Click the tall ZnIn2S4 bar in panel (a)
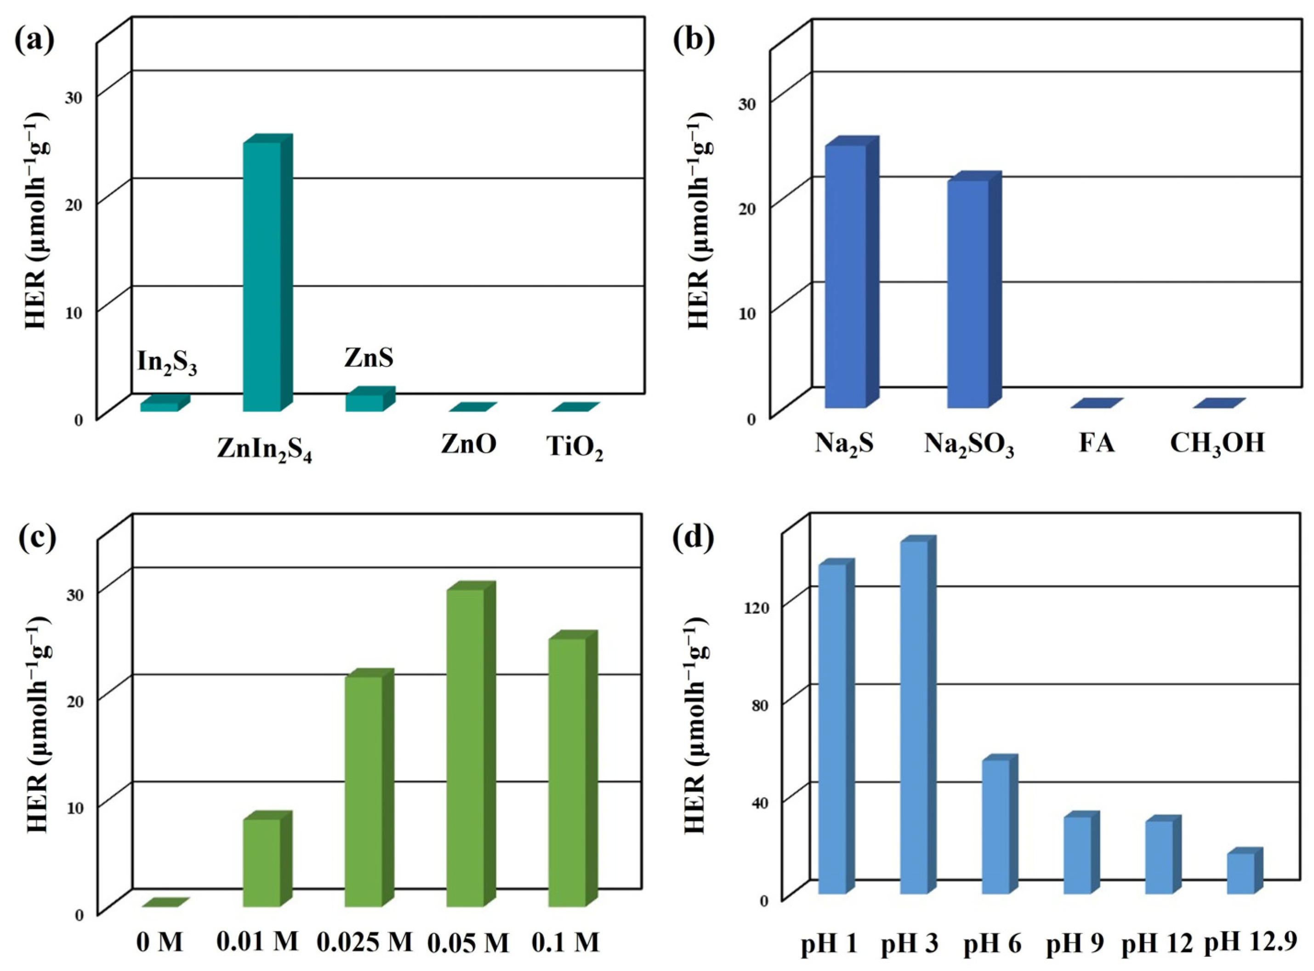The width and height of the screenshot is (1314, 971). (x=262, y=276)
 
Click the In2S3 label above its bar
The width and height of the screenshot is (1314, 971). (x=167, y=363)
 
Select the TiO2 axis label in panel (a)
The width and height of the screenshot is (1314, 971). (x=575, y=448)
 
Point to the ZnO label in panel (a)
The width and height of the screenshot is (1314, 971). (x=468, y=445)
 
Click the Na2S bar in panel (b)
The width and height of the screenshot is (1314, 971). (x=846, y=276)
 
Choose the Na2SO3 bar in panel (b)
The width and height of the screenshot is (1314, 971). (x=967, y=294)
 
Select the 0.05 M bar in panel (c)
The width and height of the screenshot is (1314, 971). (x=466, y=747)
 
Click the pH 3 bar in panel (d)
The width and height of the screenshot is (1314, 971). (x=914, y=717)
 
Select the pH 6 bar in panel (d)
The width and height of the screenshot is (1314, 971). (x=995, y=826)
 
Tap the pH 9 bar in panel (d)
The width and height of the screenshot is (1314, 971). (x=1077, y=855)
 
